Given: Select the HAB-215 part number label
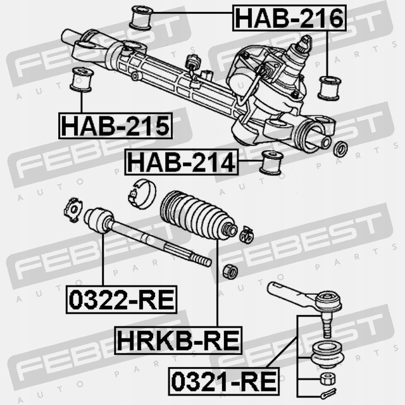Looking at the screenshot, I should tap(116, 125).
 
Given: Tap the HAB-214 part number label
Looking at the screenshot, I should tap(182, 163).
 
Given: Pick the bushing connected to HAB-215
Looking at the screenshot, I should tap(81, 78).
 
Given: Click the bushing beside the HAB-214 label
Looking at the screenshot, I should tap(271, 163).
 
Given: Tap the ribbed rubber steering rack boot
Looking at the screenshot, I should tap(193, 216).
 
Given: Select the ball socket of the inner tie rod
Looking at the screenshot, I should tap(99, 220).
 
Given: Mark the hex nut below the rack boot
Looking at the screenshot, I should tap(231, 272).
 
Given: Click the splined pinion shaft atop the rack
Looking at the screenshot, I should tap(304, 44).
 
